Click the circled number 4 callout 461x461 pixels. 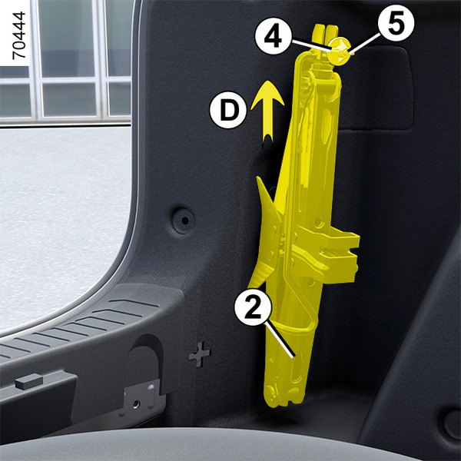coord(273,36)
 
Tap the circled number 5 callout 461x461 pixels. coord(396,23)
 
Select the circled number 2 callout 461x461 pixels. coord(253,307)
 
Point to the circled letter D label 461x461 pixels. coord(228,110)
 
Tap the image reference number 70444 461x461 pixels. coord(19,35)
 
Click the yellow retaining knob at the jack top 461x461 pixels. coord(340,51)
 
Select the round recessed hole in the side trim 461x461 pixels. coord(183,221)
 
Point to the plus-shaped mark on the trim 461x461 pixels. coord(200,354)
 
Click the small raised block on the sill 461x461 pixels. coord(29,381)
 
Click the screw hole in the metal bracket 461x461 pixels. coord(135,404)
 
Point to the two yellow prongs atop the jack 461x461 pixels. coord(326,35)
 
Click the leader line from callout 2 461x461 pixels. coord(280,340)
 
